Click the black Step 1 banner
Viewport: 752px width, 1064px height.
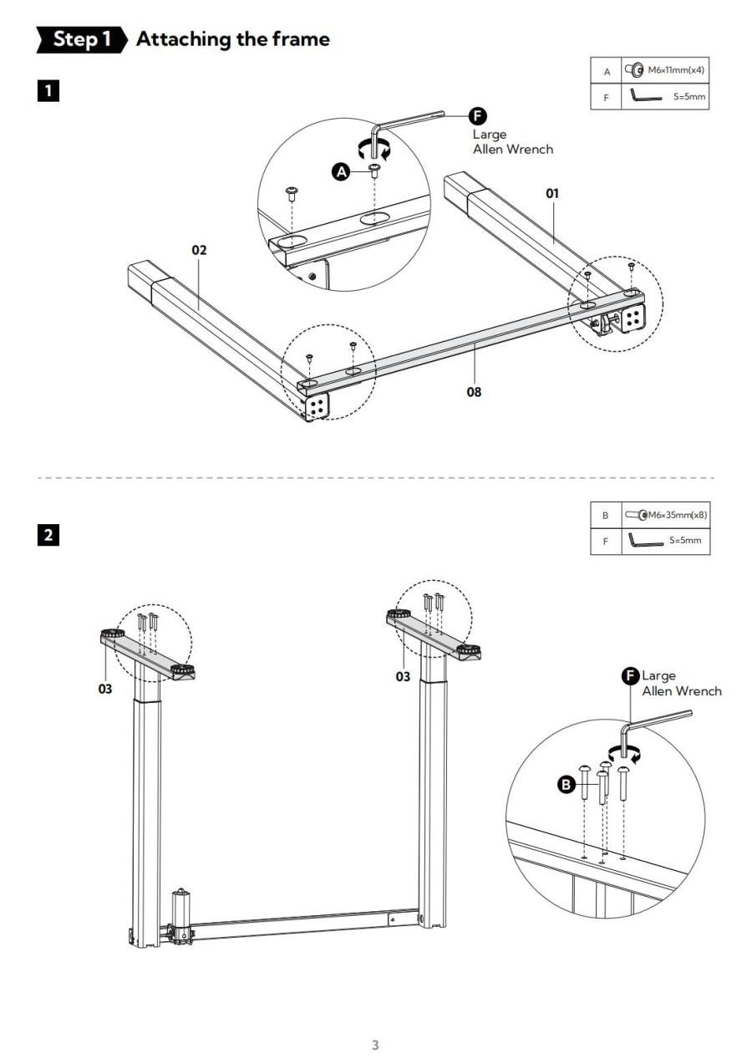[81, 39]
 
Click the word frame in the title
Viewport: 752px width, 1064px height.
[302, 38]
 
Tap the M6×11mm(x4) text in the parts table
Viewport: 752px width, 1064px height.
[676, 70]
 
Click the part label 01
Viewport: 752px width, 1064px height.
[552, 193]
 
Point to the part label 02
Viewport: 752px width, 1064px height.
[199, 249]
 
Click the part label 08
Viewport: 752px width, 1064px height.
[474, 390]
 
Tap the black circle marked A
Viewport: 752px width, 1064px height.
[341, 171]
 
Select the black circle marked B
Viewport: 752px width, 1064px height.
[567, 784]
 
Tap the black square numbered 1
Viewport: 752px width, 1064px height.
[50, 90]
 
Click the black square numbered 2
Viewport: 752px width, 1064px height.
[50, 535]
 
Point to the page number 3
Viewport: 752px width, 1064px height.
[375, 1045]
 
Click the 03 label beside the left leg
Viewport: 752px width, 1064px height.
[104, 689]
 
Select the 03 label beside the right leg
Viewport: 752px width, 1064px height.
[403, 676]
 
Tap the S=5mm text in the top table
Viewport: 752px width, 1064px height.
[688, 97]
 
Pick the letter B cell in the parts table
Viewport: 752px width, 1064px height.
[606, 516]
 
